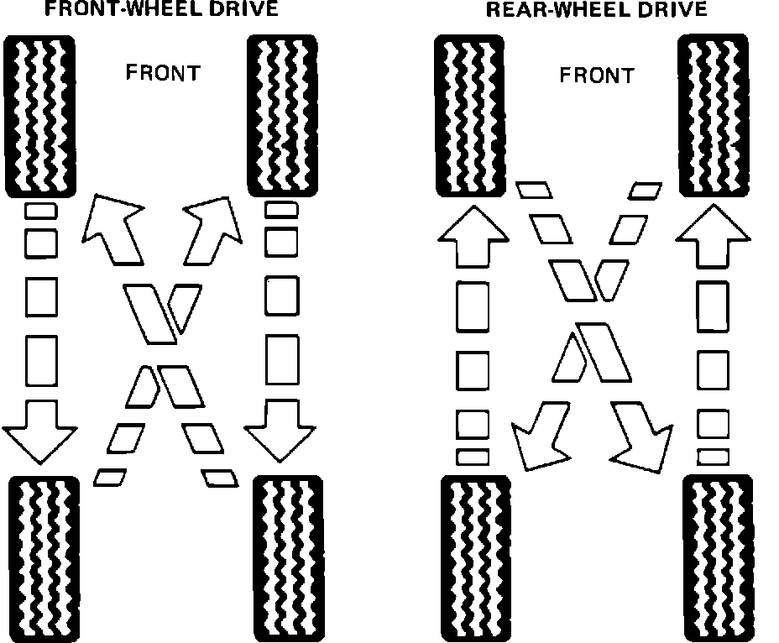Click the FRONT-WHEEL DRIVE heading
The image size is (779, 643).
161,10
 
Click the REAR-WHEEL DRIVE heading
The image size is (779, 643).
596,10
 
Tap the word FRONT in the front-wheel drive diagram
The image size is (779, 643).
163,72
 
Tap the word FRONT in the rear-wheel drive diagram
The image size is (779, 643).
597,76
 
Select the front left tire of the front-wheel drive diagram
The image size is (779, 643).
40,114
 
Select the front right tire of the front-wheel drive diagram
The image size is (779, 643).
282,114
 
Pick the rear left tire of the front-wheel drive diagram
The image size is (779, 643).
44,557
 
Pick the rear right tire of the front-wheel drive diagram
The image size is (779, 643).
287,557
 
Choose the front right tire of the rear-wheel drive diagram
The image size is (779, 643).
714,116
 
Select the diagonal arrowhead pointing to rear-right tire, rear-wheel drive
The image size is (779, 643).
642,437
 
